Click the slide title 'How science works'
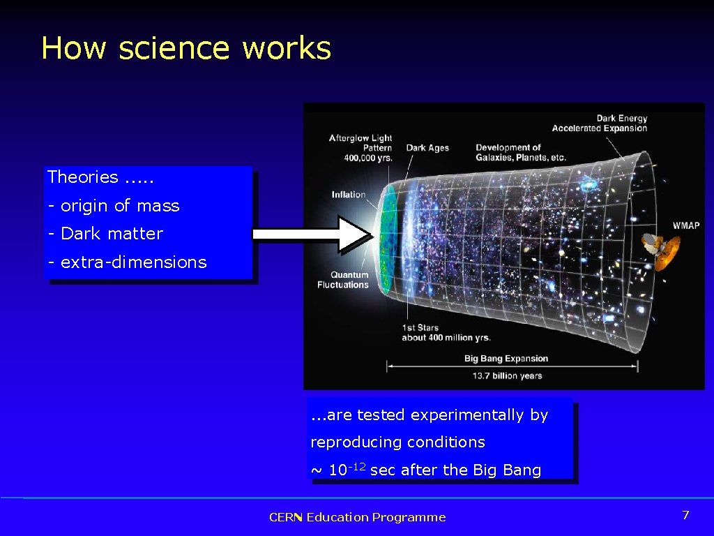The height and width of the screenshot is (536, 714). [x=185, y=48]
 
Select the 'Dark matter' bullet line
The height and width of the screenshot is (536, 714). [x=105, y=234]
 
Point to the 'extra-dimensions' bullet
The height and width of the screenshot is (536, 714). [x=127, y=262]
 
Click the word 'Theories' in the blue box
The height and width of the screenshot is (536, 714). [x=82, y=177]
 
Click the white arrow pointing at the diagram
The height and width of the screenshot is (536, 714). [x=310, y=234]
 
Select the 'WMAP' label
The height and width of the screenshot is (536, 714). [x=685, y=225]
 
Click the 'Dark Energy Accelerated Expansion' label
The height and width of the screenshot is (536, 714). [x=600, y=124]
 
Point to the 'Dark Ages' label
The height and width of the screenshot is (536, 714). [x=427, y=148]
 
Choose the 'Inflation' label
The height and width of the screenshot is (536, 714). [x=349, y=195]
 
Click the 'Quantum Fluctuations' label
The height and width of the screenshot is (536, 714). [x=342, y=280]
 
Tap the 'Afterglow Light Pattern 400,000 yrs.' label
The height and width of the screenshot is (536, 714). [x=360, y=148]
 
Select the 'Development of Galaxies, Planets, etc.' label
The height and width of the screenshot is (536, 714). [x=520, y=152]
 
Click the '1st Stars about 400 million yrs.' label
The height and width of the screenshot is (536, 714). [x=446, y=333]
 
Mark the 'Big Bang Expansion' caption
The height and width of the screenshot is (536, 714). [x=506, y=359]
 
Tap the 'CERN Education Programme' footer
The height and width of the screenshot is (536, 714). [x=357, y=517]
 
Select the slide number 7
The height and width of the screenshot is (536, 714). [x=685, y=515]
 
